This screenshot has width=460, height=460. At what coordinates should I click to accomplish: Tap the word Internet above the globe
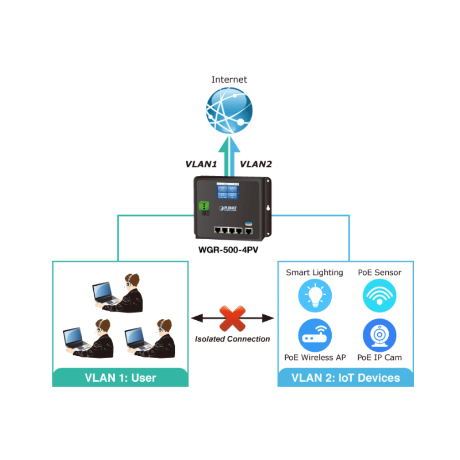[229, 80]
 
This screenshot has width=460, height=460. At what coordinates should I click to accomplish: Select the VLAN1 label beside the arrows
[201, 164]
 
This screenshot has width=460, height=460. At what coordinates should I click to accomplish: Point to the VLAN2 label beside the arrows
[256, 164]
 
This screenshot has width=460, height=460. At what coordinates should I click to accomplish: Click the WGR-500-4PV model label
[229, 251]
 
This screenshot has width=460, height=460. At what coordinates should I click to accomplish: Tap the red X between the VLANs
[232, 318]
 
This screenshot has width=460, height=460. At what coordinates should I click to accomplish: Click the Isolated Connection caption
[232, 339]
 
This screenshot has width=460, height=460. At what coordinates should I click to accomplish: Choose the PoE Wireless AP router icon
[315, 336]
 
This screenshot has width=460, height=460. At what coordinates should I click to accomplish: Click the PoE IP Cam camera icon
[379, 336]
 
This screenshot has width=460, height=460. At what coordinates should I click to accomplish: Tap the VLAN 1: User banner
[120, 378]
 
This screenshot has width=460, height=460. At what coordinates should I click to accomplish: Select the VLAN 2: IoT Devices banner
[346, 378]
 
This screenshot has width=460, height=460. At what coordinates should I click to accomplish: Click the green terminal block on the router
[202, 206]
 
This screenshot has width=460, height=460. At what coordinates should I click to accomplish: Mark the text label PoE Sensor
[379, 273]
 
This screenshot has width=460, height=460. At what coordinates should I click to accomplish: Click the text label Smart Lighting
[315, 273]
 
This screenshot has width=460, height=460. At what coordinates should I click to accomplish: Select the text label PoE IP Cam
[379, 358]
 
